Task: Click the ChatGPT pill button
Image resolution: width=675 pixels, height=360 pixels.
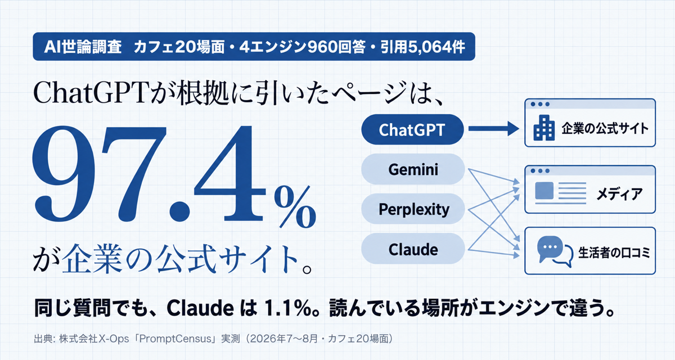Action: (412, 129)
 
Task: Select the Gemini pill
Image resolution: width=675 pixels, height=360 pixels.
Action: (413, 169)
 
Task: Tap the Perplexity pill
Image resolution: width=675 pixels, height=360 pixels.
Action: (413, 209)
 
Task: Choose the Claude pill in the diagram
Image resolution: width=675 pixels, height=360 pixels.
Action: (413, 249)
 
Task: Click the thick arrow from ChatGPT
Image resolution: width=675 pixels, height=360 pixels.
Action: (494, 129)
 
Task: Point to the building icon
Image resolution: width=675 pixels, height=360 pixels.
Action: (544, 128)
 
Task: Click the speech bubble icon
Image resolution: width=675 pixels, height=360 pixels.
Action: (555, 251)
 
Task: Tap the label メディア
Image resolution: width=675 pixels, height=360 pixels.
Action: (619, 193)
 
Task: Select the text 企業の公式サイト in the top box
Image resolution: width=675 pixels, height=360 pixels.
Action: (605, 128)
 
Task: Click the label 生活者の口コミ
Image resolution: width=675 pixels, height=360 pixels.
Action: (614, 253)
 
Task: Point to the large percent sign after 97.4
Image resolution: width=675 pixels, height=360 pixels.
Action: (295, 206)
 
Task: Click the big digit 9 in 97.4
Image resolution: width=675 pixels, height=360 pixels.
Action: (64, 173)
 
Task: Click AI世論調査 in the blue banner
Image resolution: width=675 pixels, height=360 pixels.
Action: (83, 47)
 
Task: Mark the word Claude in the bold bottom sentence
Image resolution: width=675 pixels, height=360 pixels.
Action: (200, 308)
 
